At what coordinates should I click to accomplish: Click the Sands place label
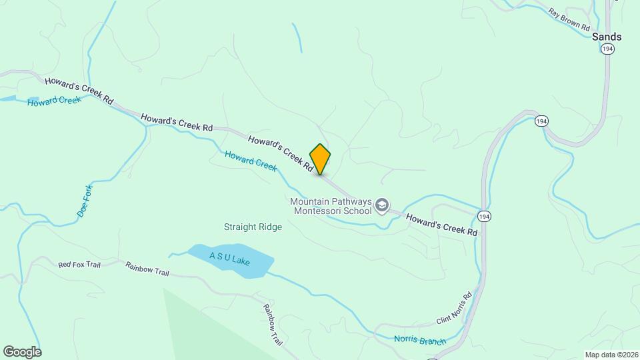607,37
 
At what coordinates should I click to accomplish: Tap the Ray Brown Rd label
569,19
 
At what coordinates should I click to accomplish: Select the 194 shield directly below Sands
607,49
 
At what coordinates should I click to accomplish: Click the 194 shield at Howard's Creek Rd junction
485,217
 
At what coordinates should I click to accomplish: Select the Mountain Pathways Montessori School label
331,205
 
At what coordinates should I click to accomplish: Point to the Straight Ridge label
253,227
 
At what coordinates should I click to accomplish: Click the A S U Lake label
229,257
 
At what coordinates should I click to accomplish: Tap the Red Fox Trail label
79,265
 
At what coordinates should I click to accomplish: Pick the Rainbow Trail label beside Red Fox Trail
147,269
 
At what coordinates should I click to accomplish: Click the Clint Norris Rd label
454,307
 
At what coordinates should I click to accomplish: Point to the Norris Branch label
419,341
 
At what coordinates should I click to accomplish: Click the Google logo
22,352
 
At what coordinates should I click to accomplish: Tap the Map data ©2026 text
611,355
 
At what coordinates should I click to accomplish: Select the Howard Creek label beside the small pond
54,101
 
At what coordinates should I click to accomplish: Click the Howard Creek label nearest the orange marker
251,161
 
